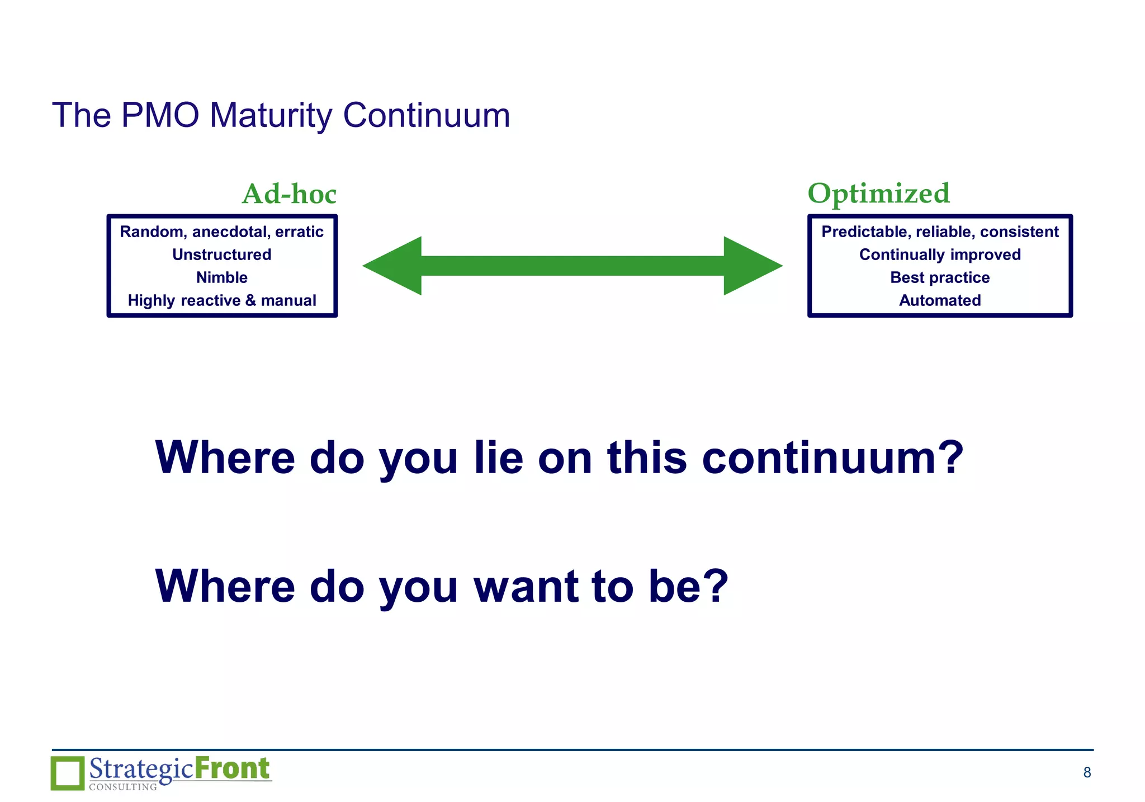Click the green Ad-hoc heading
[x=289, y=194]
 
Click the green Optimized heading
[x=878, y=194]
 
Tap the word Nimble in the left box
[x=222, y=277]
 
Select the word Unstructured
[x=222, y=254]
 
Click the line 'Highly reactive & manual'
[x=222, y=300]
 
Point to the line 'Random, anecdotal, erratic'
[x=222, y=232]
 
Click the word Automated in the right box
[x=940, y=300]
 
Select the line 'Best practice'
[x=940, y=277]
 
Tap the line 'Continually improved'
[x=940, y=254]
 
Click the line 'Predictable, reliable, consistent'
[x=940, y=232]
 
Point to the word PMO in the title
[x=160, y=115]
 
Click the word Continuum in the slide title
[x=426, y=115]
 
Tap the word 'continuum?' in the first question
[x=832, y=458]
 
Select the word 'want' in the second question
[x=526, y=586]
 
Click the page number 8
[x=1087, y=772]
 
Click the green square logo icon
[x=68, y=773]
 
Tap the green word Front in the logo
[x=232, y=768]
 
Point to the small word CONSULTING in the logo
[x=123, y=787]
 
